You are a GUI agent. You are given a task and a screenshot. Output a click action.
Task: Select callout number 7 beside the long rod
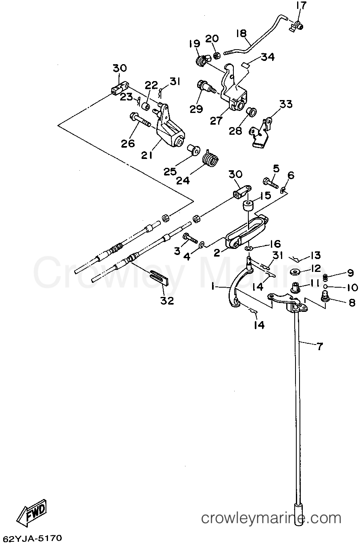click(320, 347)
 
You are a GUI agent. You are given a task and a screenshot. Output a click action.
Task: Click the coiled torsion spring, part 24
click(210, 158)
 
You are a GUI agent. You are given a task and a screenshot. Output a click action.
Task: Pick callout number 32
click(167, 301)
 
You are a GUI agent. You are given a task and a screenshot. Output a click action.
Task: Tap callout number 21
click(147, 155)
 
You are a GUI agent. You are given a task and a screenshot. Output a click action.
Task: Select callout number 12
click(315, 268)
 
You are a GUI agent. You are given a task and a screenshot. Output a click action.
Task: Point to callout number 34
click(268, 57)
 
